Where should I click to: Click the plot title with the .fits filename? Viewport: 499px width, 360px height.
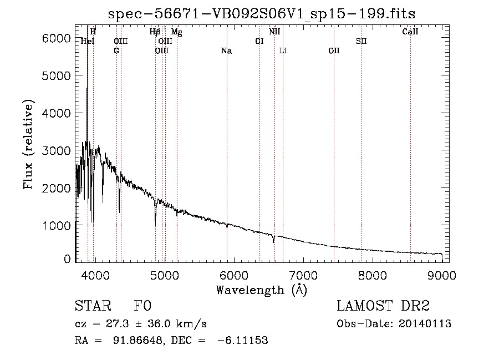(261, 13)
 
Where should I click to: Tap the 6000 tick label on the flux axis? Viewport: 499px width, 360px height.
(58, 38)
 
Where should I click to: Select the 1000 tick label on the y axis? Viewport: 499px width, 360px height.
(58, 226)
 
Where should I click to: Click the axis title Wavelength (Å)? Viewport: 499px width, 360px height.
(261, 290)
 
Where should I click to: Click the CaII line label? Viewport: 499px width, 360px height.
(410, 32)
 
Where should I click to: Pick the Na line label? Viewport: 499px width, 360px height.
(226, 51)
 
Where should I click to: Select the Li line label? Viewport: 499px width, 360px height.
(283, 51)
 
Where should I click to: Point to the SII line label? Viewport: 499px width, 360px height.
(361, 41)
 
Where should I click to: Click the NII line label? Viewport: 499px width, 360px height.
(274, 32)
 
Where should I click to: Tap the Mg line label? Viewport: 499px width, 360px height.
(177, 32)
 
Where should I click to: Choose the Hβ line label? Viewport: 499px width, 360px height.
(155, 32)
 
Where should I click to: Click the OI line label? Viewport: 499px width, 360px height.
(259, 41)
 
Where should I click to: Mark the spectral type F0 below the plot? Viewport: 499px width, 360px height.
(142, 306)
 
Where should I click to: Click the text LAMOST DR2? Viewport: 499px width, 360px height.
(383, 306)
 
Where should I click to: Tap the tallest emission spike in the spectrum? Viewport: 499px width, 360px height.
(87, 89)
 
